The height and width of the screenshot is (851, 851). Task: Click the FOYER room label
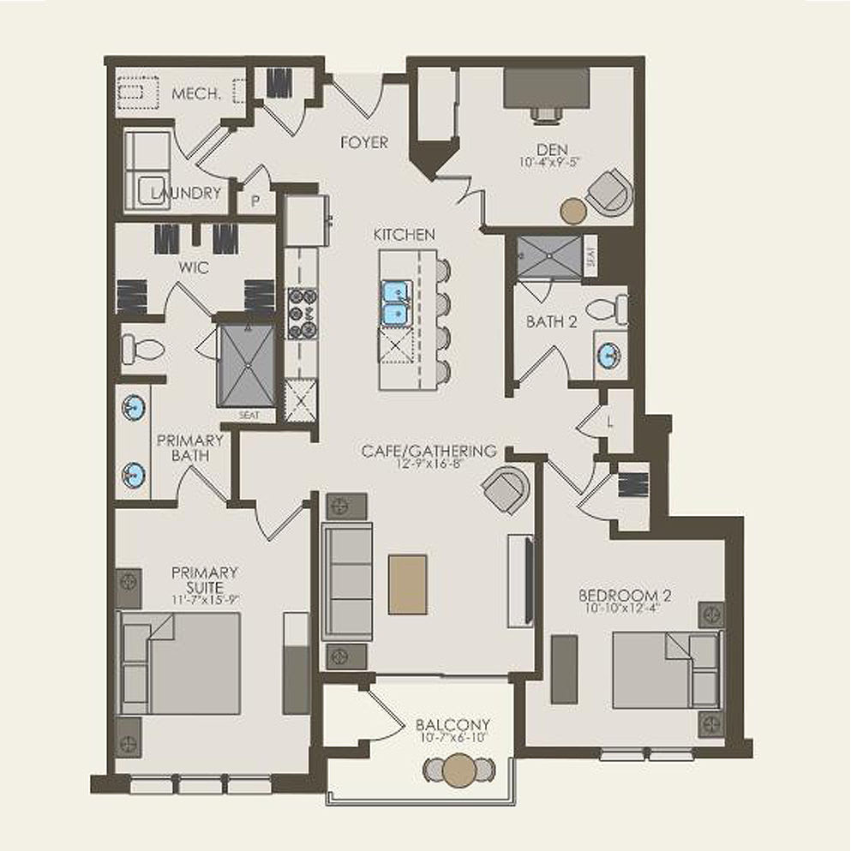[364, 142]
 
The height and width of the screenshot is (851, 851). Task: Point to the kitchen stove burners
[302, 313]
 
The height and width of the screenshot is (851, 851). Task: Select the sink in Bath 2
[610, 353]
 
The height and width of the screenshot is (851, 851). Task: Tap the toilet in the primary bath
[141, 349]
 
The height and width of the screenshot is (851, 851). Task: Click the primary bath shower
[247, 366]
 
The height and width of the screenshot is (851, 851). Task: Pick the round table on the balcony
[460, 769]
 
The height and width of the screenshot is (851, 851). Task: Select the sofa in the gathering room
[347, 581]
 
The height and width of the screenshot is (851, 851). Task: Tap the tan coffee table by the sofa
[407, 584]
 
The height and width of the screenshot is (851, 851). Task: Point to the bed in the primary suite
[179, 662]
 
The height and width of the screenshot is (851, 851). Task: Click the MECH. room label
[196, 93]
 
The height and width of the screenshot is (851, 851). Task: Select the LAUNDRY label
[186, 194]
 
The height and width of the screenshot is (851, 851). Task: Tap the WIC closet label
[195, 267]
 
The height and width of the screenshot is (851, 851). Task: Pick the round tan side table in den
[573, 210]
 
